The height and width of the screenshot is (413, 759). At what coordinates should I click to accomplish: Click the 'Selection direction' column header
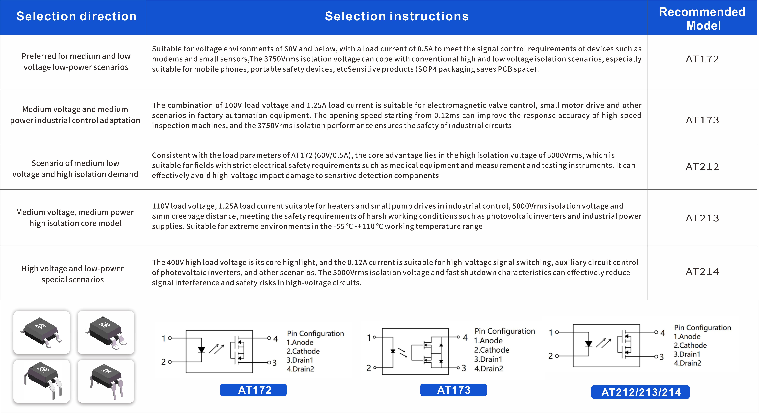point(76,16)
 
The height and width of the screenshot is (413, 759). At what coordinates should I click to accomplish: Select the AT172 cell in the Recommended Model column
point(702,59)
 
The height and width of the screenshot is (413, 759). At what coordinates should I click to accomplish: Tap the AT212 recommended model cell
point(702,167)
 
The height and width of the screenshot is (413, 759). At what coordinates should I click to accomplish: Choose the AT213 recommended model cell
point(702,218)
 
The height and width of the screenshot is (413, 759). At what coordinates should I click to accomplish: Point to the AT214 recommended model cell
point(702,271)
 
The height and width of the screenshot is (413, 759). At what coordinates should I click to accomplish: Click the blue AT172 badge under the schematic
point(253,390)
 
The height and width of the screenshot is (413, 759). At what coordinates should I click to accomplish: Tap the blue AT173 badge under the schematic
point(453,390)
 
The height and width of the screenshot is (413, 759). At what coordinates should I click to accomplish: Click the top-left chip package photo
point(42,332)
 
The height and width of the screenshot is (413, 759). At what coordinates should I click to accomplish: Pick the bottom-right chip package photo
point(106,381)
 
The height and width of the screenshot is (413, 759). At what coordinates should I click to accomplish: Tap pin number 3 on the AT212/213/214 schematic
point(661,357)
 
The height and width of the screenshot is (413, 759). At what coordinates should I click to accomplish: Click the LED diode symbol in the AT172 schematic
point(202,350)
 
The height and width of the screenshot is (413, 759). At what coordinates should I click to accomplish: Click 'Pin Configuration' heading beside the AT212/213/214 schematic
point(702,327)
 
